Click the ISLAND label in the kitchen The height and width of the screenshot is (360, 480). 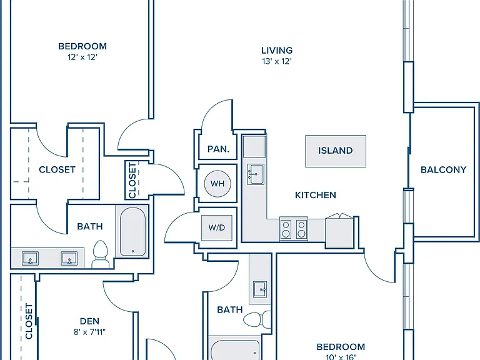point(335,151)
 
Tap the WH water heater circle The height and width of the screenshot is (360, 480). point(217,184)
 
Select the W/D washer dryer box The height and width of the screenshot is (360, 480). point(217,227)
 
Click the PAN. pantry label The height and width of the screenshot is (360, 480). point(218,149)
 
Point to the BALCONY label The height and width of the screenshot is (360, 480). point(443,169)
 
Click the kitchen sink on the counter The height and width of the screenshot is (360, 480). point(256,174)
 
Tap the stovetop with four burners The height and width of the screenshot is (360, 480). point(294,229)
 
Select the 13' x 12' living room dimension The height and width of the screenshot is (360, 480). point(277,61)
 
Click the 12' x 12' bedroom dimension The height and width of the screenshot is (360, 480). point(82,57)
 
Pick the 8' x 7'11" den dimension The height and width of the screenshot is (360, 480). point(89,332)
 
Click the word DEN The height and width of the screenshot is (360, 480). point(89,321)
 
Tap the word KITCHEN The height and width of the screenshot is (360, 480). point(315,195)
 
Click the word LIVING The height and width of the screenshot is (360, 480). point(277,50)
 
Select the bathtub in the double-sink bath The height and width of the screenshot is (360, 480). point(132,232)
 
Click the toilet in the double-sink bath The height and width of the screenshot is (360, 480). point(100,254)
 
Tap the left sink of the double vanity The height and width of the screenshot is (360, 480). point(30,258)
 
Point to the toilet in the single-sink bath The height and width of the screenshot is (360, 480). point(257,319)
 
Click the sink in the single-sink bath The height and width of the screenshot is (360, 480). point(260,289)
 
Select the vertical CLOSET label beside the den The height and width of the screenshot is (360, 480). point(29,321)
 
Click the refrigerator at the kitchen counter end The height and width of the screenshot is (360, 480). point(339,231)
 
